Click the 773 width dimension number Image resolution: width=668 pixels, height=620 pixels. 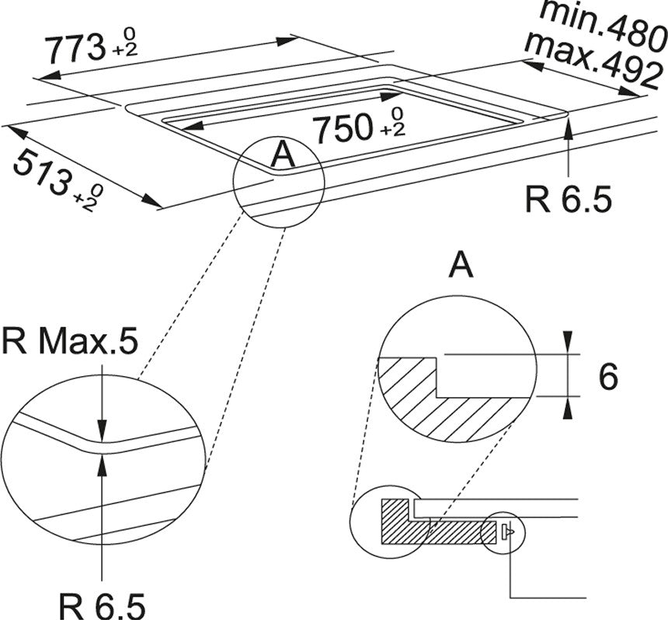(x=75, y=49)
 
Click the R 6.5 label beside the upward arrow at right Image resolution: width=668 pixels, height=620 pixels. (x=569, y=199)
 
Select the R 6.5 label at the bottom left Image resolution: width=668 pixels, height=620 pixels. (x=102, y=605)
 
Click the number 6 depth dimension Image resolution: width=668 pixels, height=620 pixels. (x=608, y=376)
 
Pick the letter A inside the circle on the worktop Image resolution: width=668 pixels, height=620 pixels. (x=284, y=155)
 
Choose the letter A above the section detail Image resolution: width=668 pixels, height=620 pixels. (x=461, y=265)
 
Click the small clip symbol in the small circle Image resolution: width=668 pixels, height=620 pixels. (x=508, y=531)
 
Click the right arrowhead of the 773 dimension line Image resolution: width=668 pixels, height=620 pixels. (x=287, y=41)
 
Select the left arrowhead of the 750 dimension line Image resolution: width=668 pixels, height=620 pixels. (x=192, y=126)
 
